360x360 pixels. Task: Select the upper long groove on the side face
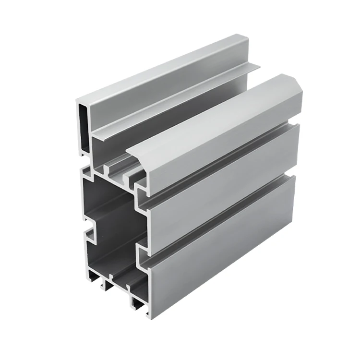tap(221, 161)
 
